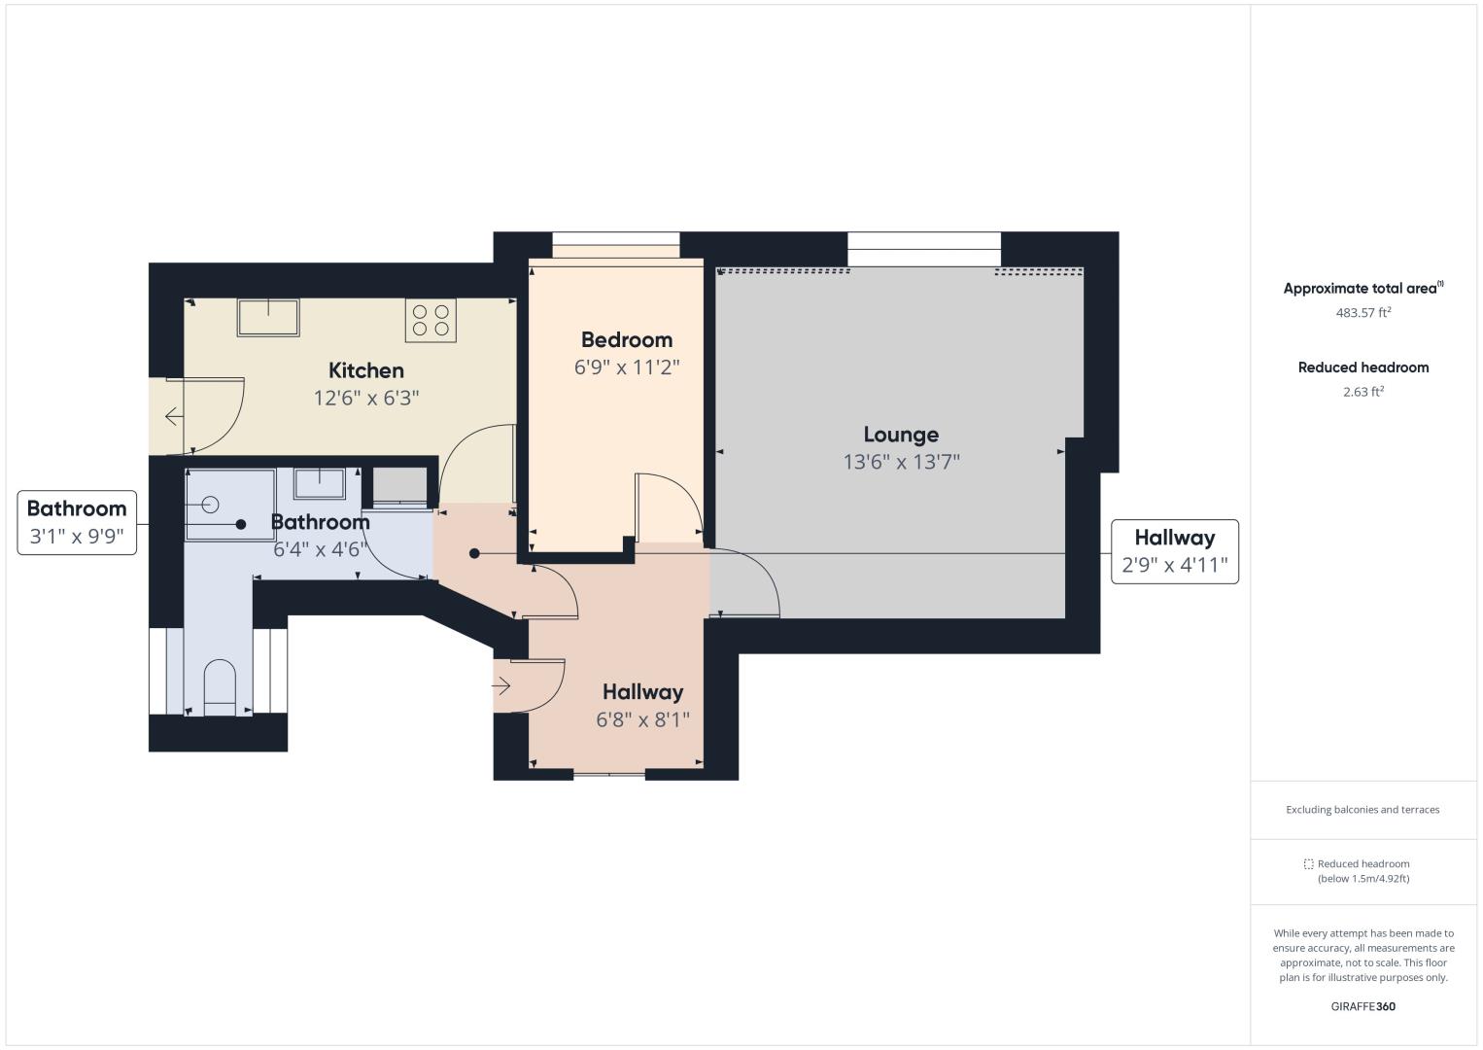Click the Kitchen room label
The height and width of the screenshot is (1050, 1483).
366,370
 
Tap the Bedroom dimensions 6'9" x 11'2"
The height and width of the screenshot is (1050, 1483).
627,367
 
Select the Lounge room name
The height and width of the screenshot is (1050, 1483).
901,435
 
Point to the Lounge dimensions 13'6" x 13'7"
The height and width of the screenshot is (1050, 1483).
901,462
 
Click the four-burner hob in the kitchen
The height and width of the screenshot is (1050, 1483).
431,320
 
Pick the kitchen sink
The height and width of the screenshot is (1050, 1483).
268,317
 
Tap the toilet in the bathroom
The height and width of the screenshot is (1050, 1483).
220,687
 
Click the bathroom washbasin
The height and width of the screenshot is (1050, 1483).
319,483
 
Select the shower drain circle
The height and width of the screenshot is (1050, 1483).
211,505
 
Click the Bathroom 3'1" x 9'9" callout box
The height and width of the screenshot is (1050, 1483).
77,523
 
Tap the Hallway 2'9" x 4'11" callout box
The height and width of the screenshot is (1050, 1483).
1175,552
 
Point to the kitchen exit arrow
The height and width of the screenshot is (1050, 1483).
173,417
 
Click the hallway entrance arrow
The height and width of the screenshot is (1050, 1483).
501,685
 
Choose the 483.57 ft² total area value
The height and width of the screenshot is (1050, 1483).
1363,313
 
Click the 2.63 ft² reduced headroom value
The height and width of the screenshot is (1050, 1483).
1363,392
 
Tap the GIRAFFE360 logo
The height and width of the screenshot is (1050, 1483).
1363,1006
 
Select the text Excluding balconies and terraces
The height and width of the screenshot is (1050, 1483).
1362,810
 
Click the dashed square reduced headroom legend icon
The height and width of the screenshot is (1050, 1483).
1308,864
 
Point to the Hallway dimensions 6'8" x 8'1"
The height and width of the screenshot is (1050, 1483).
642,719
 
